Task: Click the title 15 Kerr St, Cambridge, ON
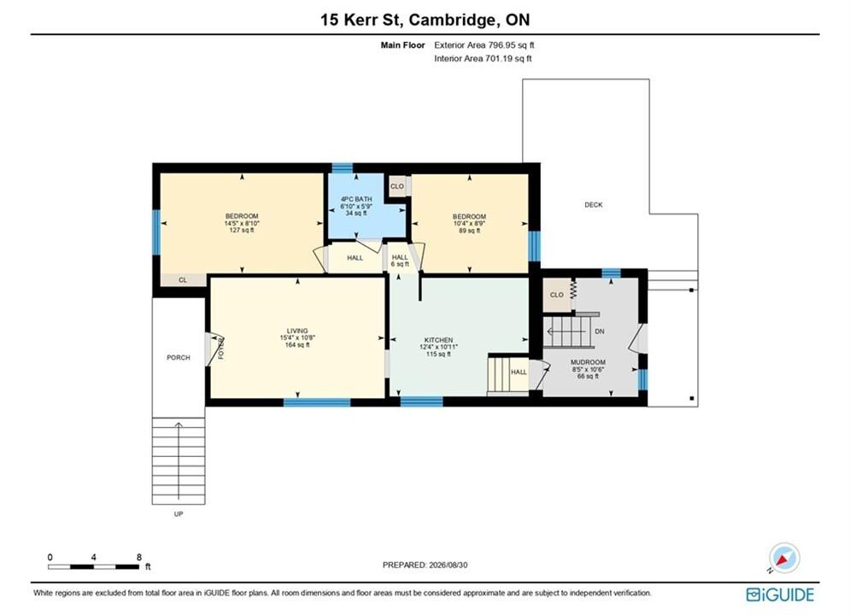tap(425, 20)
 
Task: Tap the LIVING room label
tap(297, 331)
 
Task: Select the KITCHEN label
tap(438, 340)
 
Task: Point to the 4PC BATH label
tap(356, 199)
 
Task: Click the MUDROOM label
tap(589, 362)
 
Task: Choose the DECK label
tap(594, 205)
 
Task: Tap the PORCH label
tap(179, 358)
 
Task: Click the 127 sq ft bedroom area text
tap(242, 230)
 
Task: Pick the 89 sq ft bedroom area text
tap(470, 231)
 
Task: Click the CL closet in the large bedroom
tap(183, 280)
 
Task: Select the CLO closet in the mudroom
tap(557, 295)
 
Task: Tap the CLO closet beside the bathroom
tap(397, 186)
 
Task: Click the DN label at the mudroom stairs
tap(600, 331)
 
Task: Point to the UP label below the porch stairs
tap(179, 513)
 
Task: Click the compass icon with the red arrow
tap(784, 558)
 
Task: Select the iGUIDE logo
tap(780, 594)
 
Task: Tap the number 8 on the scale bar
tap(139, 557)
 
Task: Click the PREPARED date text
tap(425, 565)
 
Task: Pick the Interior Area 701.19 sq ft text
tap(483, 59)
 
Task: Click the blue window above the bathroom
tap(342, 168)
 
